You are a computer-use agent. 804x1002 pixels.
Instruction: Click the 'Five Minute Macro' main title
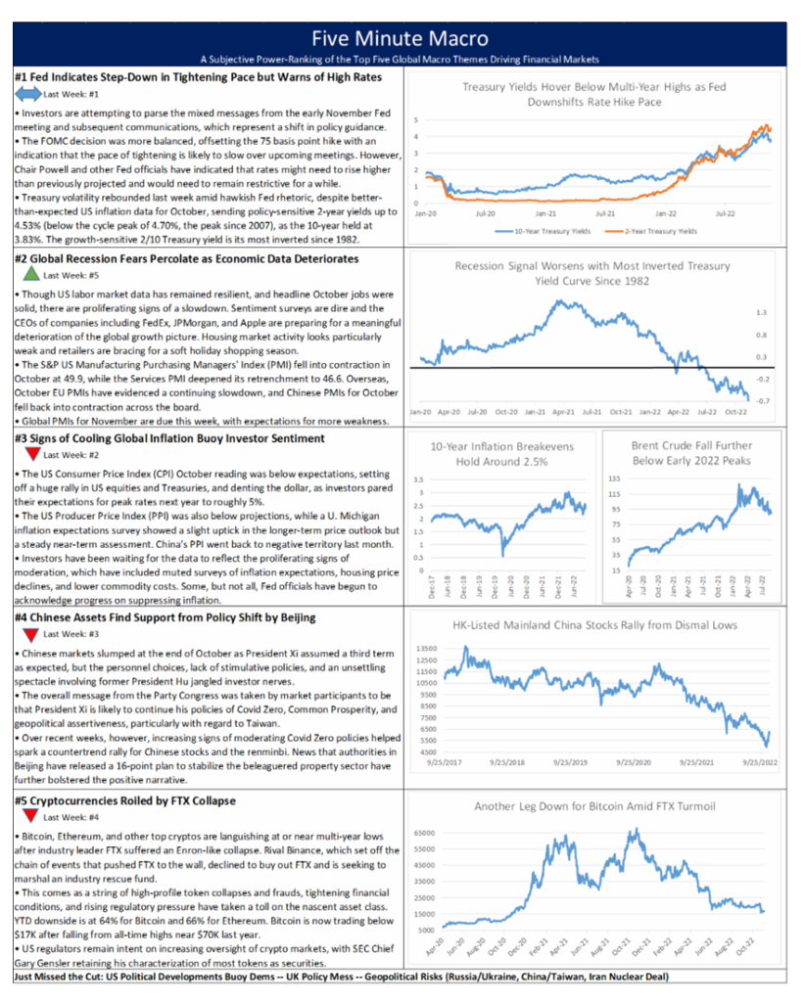coord(401,38)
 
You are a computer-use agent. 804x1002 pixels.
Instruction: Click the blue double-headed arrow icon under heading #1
coord(28,95)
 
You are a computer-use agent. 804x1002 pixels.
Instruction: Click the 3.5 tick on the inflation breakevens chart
coord(417,479)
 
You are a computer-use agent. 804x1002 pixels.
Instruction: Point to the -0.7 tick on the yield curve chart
coord(762,401)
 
